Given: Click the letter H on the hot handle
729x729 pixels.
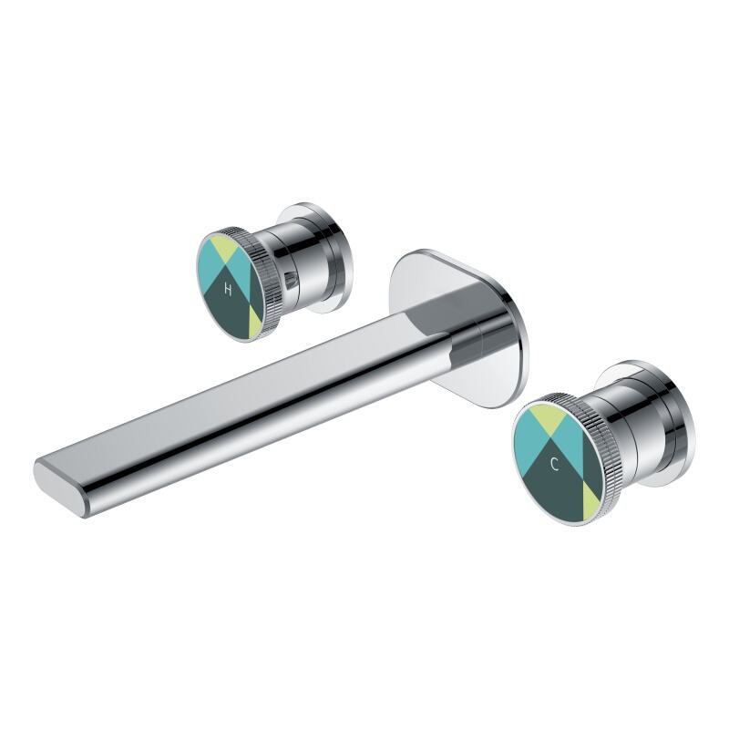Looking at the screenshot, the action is click(228, 289).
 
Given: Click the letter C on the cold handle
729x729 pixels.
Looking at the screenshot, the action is click(554, 464).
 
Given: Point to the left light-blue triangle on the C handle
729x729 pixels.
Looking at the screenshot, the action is click(528, 444).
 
